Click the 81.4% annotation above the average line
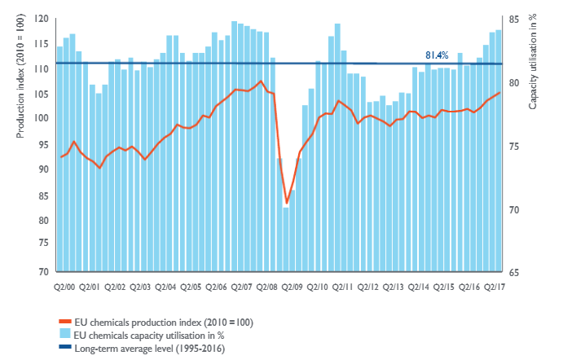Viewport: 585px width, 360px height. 437,55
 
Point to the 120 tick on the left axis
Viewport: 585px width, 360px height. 42,18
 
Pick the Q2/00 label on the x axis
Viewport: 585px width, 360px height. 66,287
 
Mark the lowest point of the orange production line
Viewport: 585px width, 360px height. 287,204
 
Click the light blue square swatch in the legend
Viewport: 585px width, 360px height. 65,335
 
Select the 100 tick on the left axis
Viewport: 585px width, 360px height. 42,118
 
